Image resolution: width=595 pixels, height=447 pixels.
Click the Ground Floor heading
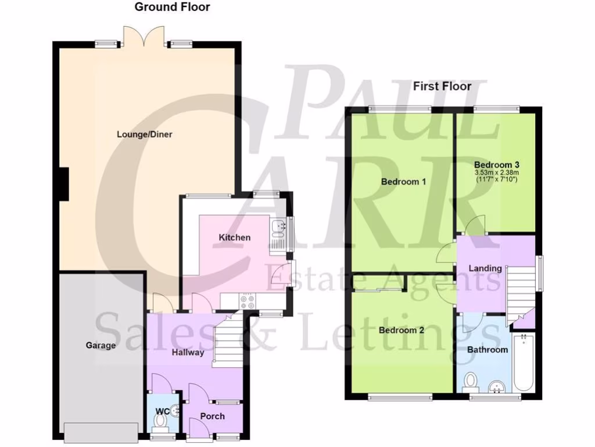(172, 8)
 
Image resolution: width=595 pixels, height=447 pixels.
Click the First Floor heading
(442, 87)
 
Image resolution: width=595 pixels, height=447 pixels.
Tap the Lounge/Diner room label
(145, 134)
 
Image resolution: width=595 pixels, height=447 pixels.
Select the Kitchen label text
(234, 237)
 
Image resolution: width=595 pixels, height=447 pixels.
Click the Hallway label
(188, 352)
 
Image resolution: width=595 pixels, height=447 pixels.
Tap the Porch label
(213, 416)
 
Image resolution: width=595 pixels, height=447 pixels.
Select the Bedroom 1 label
(403, 182)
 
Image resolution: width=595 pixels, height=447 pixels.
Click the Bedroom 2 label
(402, 331)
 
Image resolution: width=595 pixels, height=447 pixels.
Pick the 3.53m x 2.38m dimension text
(496, 173)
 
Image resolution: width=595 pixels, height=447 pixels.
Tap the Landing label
(486, 268)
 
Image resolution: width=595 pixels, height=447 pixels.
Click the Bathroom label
(488, 350)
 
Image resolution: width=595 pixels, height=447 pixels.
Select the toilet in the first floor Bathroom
(471, 382)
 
